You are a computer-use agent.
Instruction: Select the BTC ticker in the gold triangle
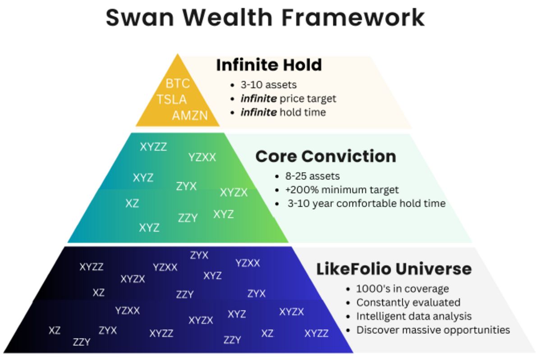coord(178,83)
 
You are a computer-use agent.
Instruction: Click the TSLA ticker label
coord(172,99)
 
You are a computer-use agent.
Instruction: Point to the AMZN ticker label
coord(190,115)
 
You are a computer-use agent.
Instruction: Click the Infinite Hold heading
coord(269,65)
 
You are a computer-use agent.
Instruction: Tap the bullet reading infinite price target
coord(289,98)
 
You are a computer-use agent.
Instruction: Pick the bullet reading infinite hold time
coord(283,112)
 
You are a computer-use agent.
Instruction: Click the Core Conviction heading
coord(326,156)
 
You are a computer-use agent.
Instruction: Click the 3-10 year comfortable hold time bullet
coord(367,204)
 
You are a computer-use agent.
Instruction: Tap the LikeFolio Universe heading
coord(394,269)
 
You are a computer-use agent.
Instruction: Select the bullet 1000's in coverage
coord(403,289)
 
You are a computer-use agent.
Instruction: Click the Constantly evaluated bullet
coord(408,302)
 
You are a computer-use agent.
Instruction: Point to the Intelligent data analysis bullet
coord(414,316)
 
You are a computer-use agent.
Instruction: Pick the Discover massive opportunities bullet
coord(433,330)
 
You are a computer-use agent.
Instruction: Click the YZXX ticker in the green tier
coord(202,157)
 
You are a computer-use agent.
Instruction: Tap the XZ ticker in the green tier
coord(132,203)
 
